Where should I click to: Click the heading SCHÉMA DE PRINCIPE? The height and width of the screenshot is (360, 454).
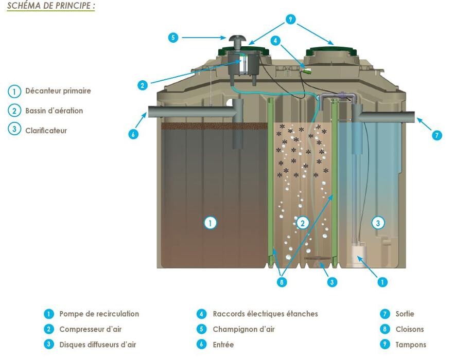coord(51,6)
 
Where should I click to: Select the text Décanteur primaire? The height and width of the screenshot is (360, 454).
coord(58,91)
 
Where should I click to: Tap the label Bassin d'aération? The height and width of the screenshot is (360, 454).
coord(54,111)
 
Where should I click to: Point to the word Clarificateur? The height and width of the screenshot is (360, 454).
coord(46,130)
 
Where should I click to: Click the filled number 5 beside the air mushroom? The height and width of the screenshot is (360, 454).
coord(173,38)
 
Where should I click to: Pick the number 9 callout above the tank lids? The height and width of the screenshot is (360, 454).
coord(291,20)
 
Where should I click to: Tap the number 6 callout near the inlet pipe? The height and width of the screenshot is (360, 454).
coord(133,134)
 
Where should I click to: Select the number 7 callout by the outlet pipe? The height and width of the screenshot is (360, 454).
coord(436,135)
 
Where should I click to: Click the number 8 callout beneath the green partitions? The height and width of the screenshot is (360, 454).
coord(282,282)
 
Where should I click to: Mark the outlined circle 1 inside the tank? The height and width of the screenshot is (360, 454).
coord(210,223)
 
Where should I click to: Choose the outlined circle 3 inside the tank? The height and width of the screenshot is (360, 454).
coord(378,223)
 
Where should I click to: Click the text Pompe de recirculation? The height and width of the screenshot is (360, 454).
coord(99,314)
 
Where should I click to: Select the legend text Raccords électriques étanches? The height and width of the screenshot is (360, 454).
coord(265,314)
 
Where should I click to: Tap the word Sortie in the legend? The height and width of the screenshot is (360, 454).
coord(405,314)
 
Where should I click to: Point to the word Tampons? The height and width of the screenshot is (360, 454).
coord(411,345)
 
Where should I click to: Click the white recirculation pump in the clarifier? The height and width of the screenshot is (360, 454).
coord(357,255)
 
